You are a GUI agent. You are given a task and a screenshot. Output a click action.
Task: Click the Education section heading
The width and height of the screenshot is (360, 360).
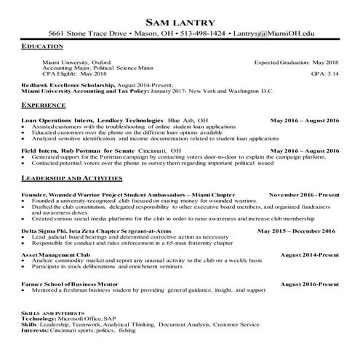tap(43, 46)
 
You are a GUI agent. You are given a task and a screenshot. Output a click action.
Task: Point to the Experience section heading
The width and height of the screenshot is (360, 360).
tap(45, 105)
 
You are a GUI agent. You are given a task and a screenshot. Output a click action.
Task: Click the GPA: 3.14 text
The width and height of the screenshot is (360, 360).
tap(324, 73)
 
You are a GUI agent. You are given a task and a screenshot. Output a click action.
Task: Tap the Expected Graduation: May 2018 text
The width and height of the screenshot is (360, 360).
tap(296, 62)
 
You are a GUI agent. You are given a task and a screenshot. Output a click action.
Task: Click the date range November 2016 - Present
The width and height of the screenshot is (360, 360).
tap(303, 195)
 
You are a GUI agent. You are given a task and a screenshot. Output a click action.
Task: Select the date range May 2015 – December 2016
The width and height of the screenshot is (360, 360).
tap(296, 231)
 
